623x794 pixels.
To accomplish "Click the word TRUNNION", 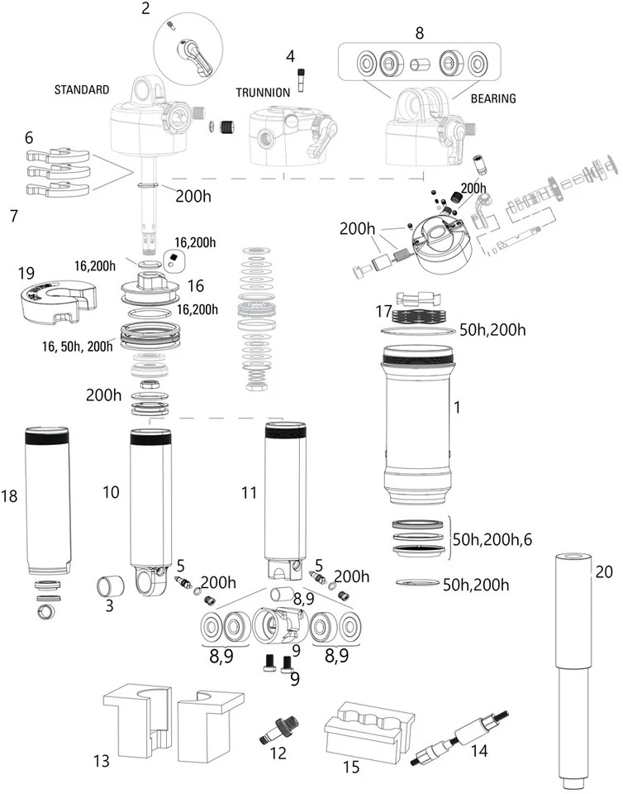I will click(x=263, y=93).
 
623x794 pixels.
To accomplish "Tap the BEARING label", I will click(x=492, y=98).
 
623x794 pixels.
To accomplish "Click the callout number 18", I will click(x=9, y=496).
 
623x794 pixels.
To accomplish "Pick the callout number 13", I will click(x=100, y=760).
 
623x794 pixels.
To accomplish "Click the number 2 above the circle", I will click(x=146, y=9).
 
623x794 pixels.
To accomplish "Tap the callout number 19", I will click(x=25, y=271).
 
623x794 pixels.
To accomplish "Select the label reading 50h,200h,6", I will click(x=492, y=538).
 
